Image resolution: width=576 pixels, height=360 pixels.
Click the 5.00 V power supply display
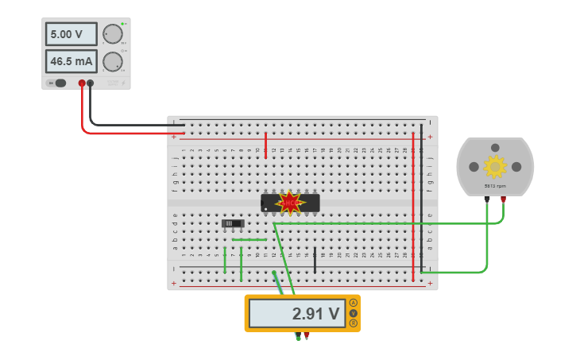(72, 34)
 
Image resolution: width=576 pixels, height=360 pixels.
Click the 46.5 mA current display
(72, 61)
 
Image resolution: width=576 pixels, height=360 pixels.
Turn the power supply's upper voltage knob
(113, 34)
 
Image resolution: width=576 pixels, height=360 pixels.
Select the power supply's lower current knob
(113, 61)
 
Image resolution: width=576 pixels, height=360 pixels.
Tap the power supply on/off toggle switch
(58, 83)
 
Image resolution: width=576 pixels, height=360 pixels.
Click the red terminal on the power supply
(82, 83)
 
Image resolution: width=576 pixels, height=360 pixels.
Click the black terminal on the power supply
(91, 83)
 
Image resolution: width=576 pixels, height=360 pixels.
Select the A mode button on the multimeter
(353, 303)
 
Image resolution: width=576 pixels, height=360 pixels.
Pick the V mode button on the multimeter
(353, 313)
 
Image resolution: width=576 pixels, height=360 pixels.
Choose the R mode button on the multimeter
(353, 323)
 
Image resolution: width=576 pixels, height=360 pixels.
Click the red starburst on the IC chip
(289, 203)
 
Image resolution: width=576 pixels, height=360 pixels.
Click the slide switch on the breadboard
(233, 223)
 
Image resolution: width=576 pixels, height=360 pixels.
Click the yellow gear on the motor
(495, 166)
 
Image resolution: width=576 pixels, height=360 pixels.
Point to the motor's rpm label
(495, 186)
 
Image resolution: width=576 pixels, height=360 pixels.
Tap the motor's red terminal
(503, 200)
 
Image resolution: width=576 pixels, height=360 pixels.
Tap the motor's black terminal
(487, 200)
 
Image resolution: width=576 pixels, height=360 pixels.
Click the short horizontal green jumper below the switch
(249, 239)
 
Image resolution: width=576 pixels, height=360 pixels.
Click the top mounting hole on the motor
(495, 149)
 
